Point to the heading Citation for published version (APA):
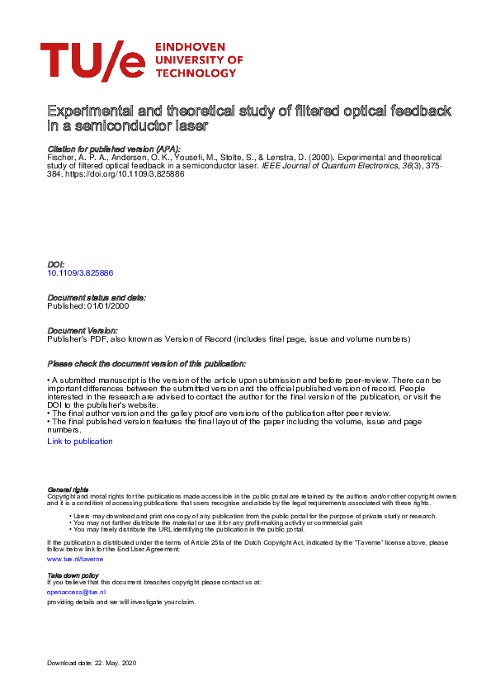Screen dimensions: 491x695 (114, 149)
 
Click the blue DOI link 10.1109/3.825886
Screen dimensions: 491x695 (80, 272)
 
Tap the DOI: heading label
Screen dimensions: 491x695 (57, 264)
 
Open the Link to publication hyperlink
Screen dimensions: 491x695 (80, 442)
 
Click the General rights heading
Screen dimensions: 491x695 (68, 489)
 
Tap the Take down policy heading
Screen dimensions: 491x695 (73, 574)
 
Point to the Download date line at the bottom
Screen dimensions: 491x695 (97, 664)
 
